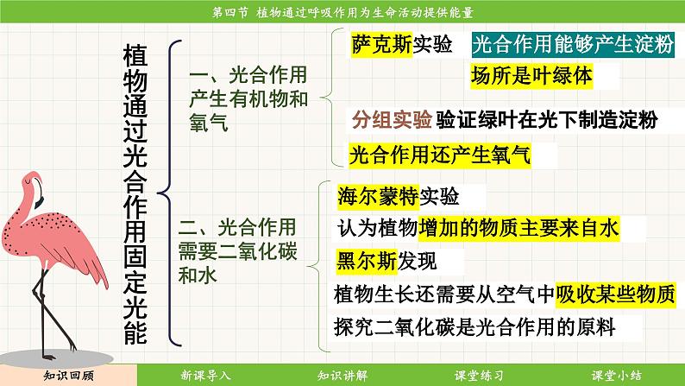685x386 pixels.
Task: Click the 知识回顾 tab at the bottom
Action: [69, 376]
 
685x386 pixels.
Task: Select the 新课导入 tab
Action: [205, 376]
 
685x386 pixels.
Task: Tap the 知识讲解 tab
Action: [342, 376]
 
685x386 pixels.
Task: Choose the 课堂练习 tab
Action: [479, 376]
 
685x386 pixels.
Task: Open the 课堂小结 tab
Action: [616, 376]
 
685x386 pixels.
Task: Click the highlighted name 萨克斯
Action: [382, 44]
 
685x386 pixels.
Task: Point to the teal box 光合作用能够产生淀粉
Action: [573, 45]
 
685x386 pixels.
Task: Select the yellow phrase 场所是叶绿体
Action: [531, 77]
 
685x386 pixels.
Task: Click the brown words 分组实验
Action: [392, 119]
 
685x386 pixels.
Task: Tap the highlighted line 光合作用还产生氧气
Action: [439, 155]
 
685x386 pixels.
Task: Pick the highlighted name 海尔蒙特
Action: [379, 196]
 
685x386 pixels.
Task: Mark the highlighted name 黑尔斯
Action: [367, 262]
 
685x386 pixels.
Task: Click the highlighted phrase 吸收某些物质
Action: [616, 294]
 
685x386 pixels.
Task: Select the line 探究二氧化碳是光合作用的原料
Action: [474, 327]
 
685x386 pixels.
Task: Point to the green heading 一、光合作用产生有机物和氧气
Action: [248, 98]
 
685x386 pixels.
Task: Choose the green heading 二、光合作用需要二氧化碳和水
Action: [237, 251]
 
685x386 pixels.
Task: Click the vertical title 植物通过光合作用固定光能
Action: [135, 193]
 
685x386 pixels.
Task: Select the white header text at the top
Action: [343, 12]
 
